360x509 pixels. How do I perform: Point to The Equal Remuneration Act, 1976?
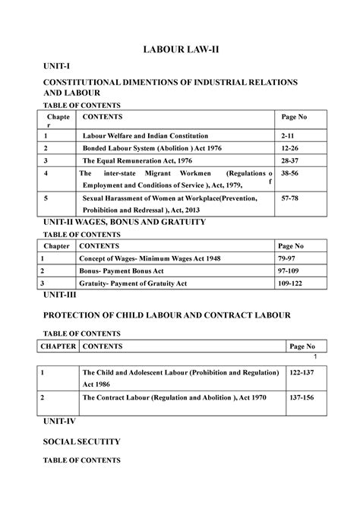pyautogui.click(x=138, y=161)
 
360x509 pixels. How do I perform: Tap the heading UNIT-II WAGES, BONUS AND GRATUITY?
pyautogui.click(x=114, y=221)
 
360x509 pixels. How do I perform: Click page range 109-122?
pyautogui.click(x=294, y=283)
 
